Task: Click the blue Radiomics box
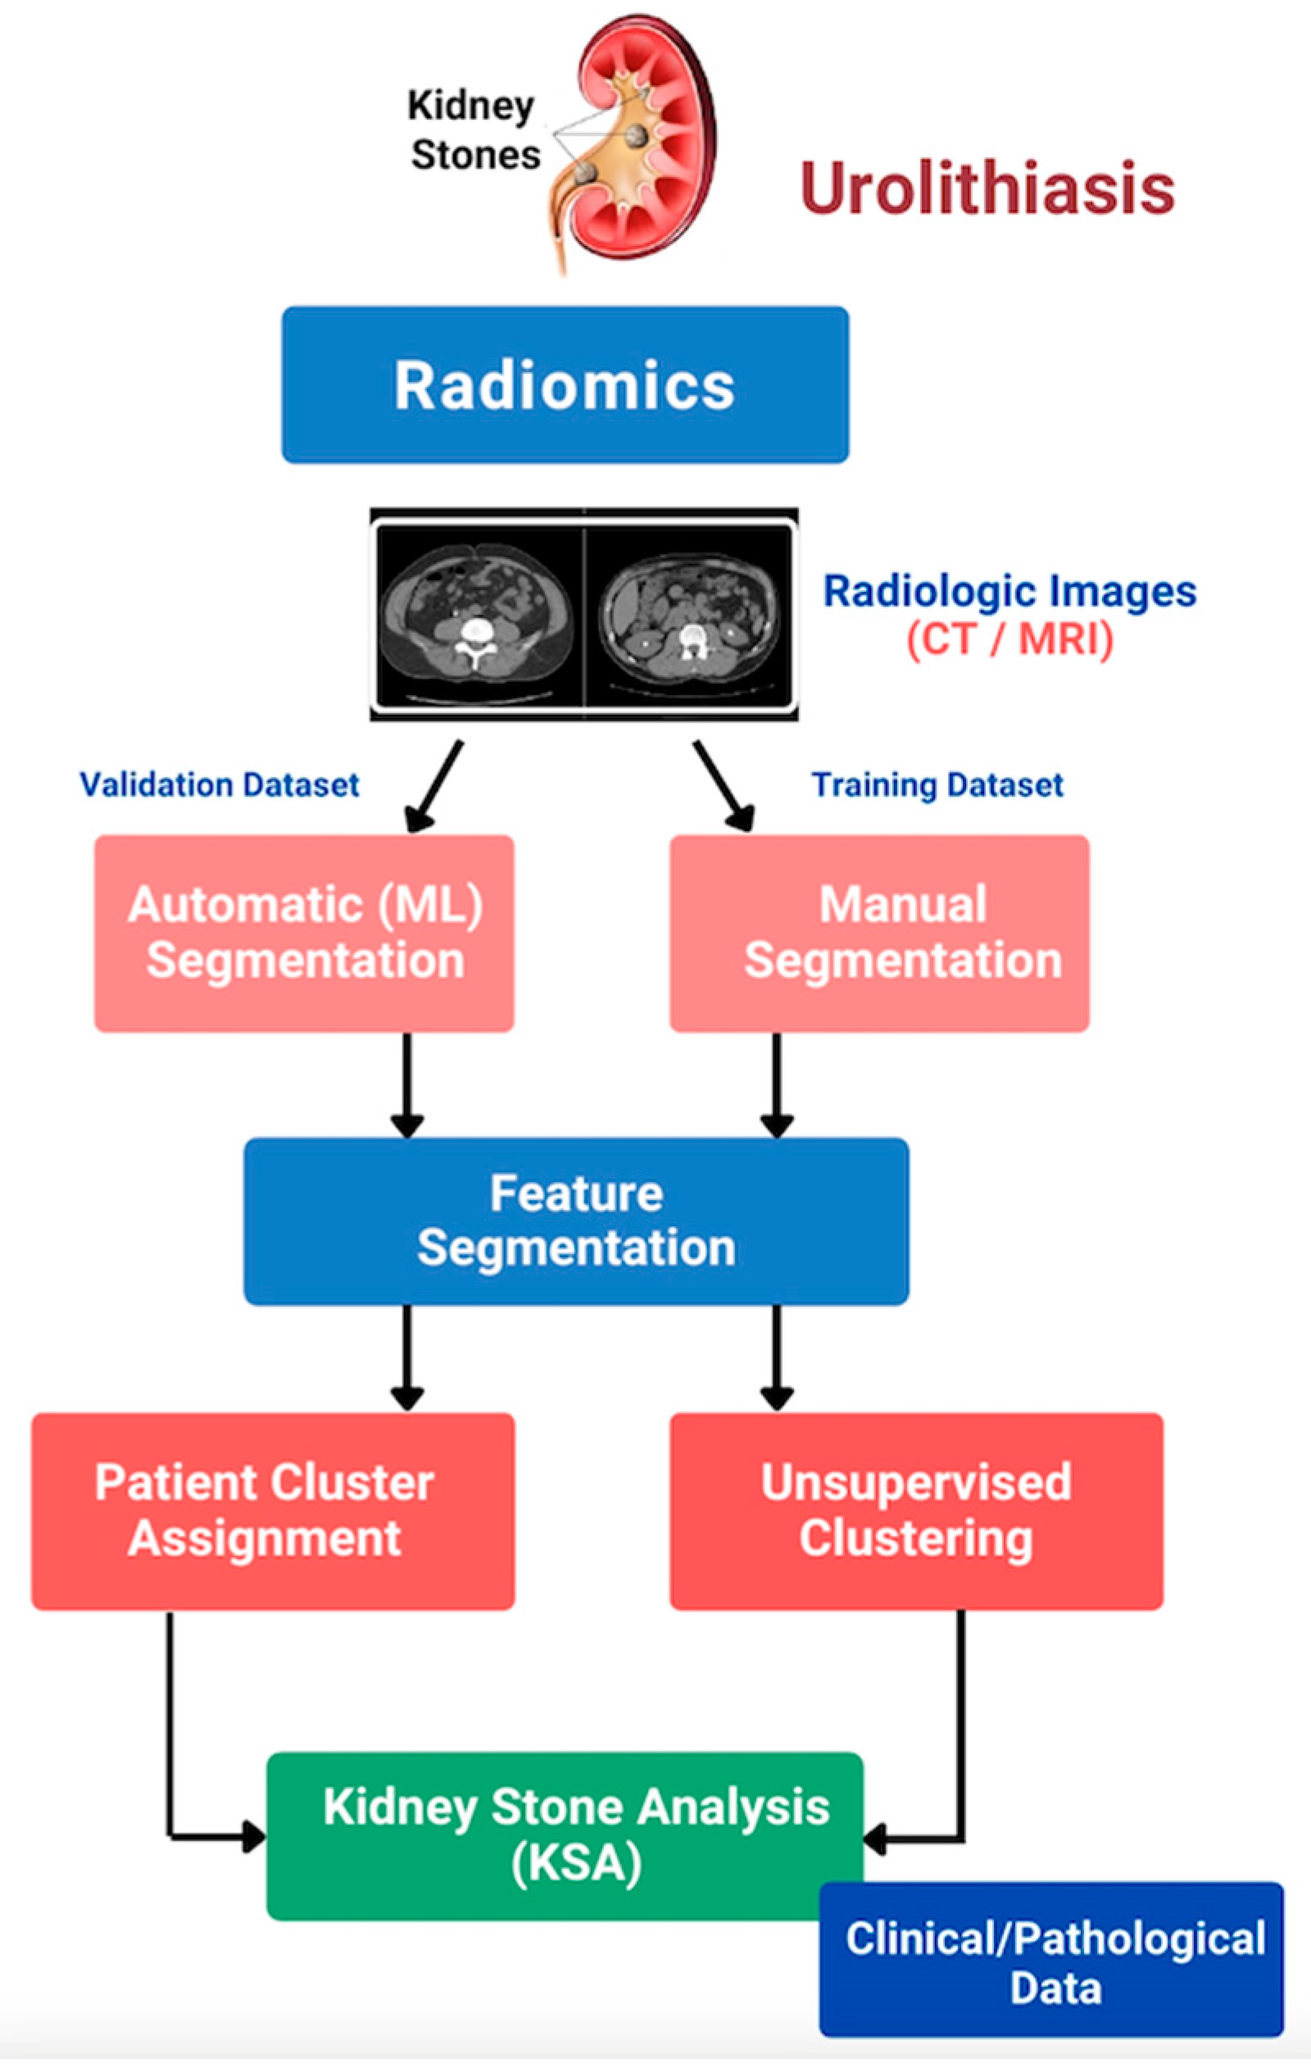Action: point(565,384)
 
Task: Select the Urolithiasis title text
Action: point(987,188)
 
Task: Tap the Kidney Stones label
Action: point(474,130)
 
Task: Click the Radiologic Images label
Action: point(1009,591)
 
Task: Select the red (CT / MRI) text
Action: point(1009,640)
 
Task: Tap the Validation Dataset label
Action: point(219,784)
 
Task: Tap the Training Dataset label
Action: point(937,785)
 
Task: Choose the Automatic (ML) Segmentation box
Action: point(304,933)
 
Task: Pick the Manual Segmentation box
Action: point(879,933)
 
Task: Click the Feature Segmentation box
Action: point(576,1221)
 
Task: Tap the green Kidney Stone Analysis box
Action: point(565,1836)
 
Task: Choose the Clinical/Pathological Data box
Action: point(1052,1960)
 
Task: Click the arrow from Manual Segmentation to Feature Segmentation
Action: point(776,1085)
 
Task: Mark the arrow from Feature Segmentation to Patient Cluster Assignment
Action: point(406,1359)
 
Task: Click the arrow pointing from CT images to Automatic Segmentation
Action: point(433,787)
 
